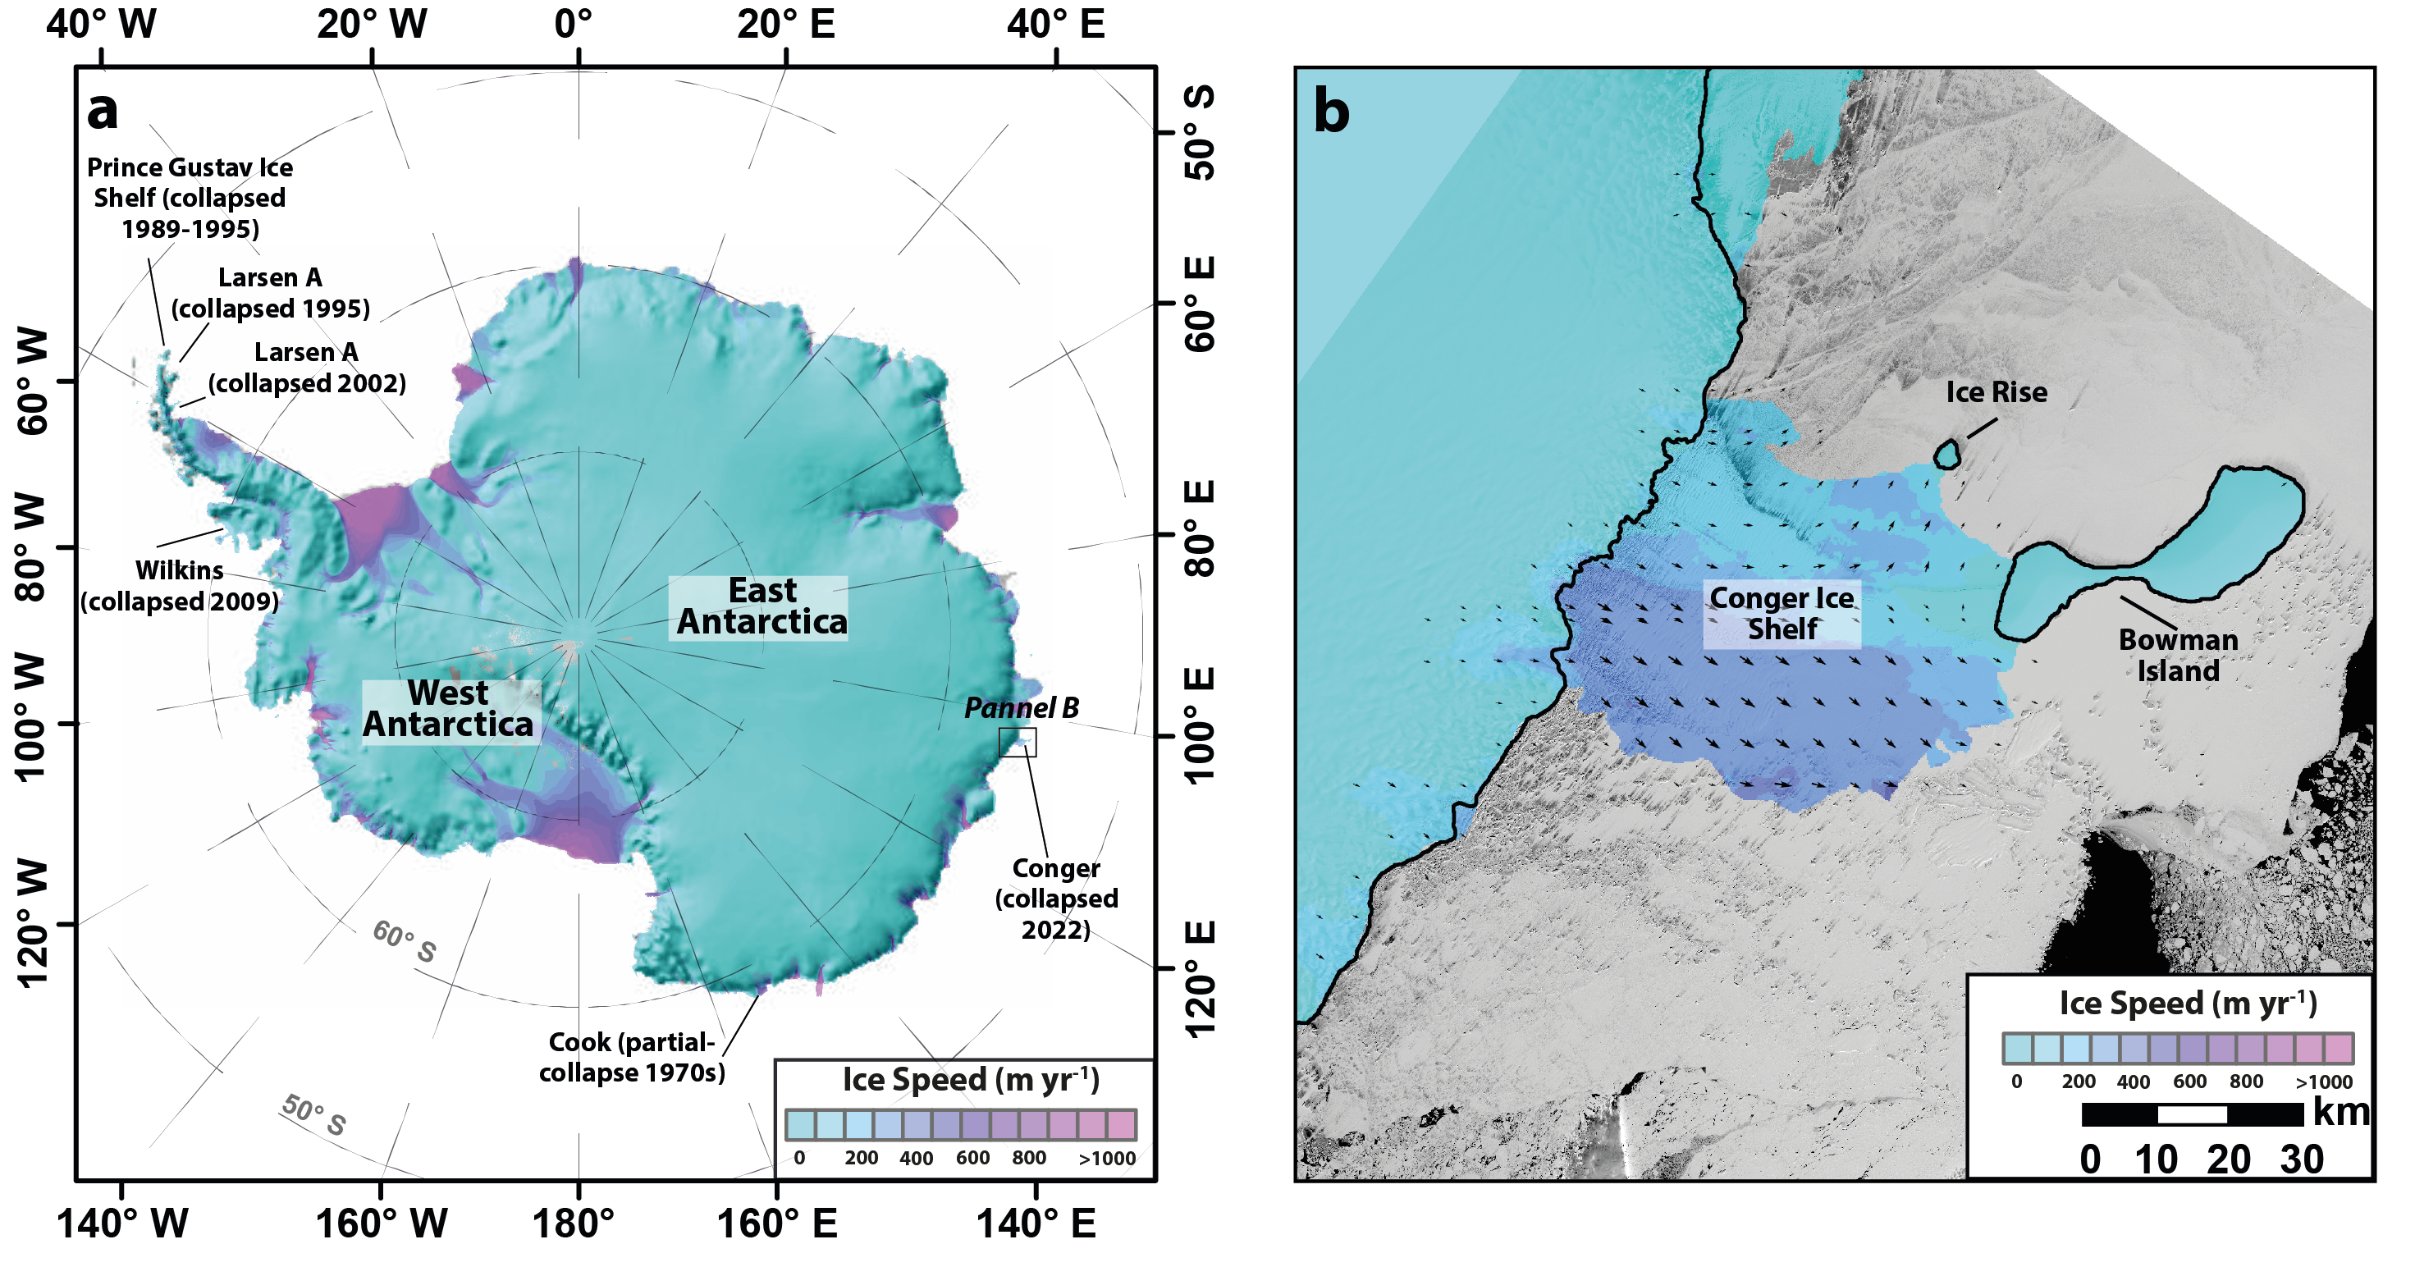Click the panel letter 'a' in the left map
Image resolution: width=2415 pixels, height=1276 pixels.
click(103, 111)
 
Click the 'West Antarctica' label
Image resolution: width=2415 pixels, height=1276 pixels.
click(449, 710)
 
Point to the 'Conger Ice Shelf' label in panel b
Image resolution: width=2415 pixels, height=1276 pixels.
click(1782, 613)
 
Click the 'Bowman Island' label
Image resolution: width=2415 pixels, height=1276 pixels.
click(2177, 656)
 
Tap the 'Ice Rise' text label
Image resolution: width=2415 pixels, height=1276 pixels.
click(1996, 392)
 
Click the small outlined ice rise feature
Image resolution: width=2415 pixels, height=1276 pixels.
click(1947, 455)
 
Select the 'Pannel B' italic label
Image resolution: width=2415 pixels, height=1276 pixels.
click(1021, 708)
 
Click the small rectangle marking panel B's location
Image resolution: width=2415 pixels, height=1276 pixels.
click(1018, 742)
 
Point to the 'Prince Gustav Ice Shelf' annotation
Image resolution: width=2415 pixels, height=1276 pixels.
click(190, 198)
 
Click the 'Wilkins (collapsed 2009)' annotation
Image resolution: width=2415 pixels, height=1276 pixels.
click(179, 586)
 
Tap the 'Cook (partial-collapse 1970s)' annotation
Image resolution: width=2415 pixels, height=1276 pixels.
click(631, 1057)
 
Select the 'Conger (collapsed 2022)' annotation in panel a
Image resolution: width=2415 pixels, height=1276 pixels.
click(1055, 899)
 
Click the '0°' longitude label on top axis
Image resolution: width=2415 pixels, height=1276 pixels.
click(573, 25)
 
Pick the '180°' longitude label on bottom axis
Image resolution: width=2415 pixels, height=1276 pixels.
click(573, 1224)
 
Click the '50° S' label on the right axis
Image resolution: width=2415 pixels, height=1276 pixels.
click(1200, 132)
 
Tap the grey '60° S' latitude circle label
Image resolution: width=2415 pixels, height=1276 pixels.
click(404, 941)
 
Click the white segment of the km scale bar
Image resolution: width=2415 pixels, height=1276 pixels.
click(2192, 1114)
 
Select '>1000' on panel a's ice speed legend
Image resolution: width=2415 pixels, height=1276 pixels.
click(1107, 1159)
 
